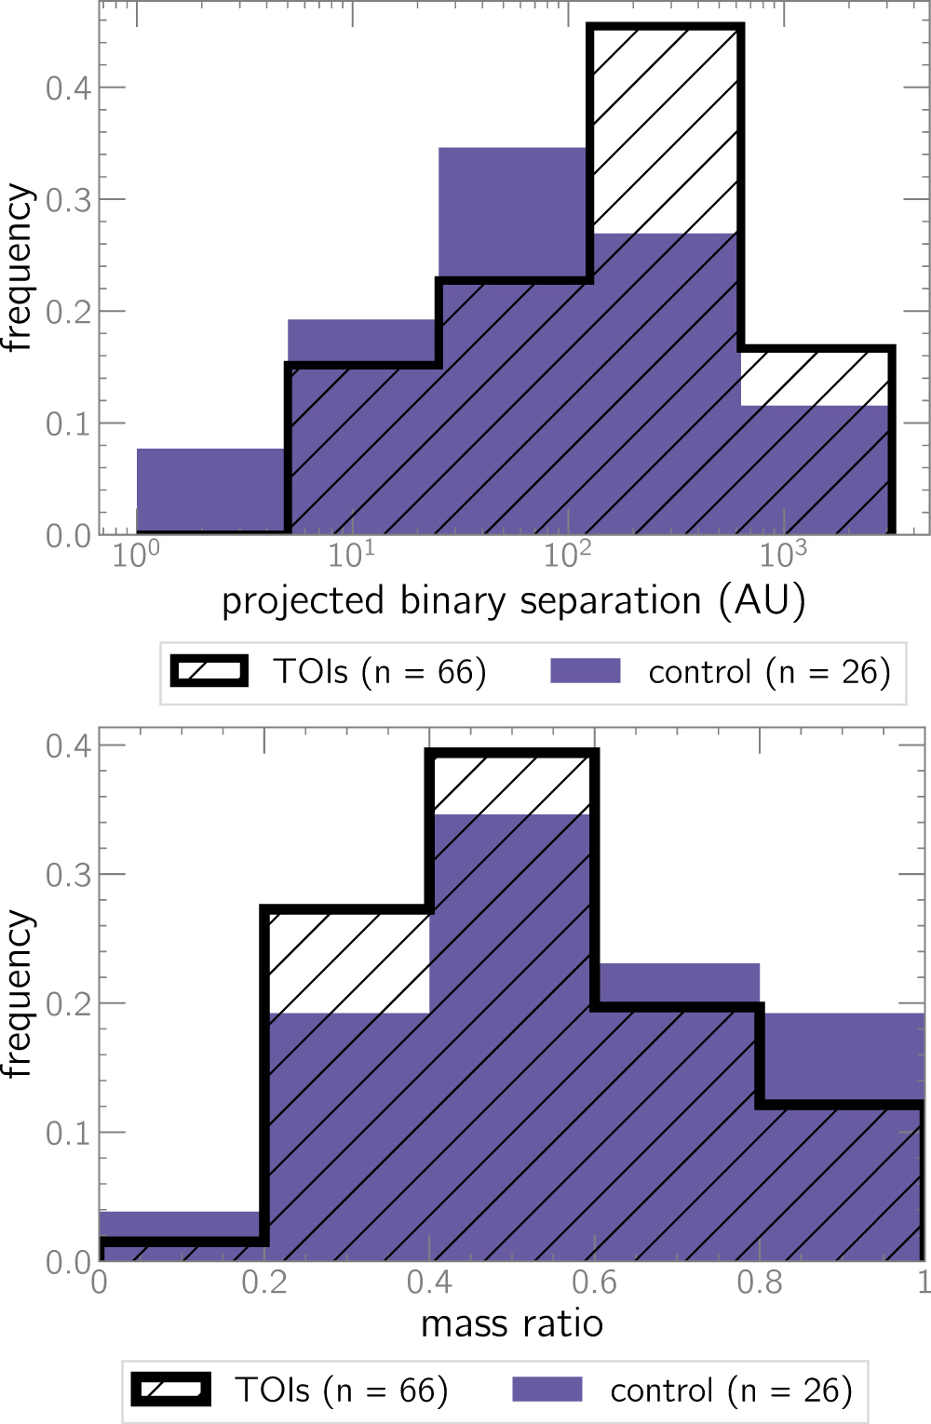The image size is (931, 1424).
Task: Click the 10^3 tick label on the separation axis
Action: click(782, 555)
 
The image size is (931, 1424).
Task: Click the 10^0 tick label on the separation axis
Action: click(136, 555)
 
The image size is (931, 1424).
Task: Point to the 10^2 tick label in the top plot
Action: click(567, 555)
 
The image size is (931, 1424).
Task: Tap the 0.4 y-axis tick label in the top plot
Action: click(68, 88)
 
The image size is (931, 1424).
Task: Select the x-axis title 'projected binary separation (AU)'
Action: click(513, 601)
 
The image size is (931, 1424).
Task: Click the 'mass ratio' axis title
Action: click(512, 1323)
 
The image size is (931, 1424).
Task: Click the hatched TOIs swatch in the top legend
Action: click(209, 671)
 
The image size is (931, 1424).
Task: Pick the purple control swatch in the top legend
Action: click(586, 671)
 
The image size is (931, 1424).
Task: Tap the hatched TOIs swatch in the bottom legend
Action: click(171, 1390)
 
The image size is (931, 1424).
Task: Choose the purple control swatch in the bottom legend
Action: click(547, 1390)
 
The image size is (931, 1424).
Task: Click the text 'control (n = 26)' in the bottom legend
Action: click(731, 1390)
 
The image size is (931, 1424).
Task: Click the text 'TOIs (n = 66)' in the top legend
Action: click(380, 672)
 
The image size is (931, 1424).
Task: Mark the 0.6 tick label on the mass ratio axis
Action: click(594, 1283)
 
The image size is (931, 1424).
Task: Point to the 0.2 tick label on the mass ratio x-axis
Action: click(264, 1283)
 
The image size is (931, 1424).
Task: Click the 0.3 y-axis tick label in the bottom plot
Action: click(68, 875)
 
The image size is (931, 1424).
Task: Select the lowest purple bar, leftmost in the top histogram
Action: click(211, 491)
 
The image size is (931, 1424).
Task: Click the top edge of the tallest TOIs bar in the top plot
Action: click(665, 27)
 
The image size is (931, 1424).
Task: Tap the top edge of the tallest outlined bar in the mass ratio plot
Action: click(512, 752)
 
